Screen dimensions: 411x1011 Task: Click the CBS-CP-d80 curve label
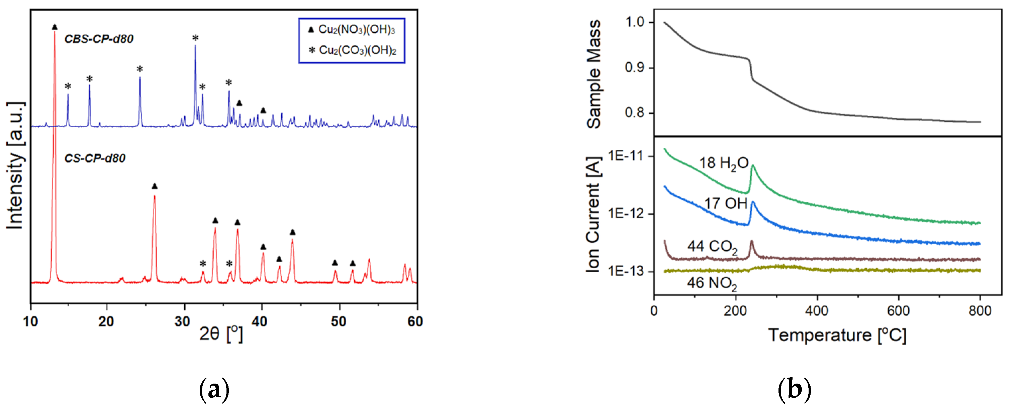[99, 39]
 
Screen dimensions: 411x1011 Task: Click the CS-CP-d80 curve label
[95, 158]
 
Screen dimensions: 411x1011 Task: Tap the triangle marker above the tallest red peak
[55, 27]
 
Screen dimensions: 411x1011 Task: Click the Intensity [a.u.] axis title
[15, 165]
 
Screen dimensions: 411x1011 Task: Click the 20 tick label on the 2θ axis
[106, 321]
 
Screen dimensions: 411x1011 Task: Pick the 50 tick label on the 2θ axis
[338, 321]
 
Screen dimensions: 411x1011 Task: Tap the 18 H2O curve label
[724, 163]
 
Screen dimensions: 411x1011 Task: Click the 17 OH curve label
[725, 203]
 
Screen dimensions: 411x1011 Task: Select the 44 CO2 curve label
[712, 247]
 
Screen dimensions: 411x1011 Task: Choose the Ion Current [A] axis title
[594, 215]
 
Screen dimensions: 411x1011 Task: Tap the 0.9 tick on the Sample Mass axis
[635, 68]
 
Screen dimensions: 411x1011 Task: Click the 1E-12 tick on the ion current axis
[626, 214]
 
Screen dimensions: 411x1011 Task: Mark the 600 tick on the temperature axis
[898, 311]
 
